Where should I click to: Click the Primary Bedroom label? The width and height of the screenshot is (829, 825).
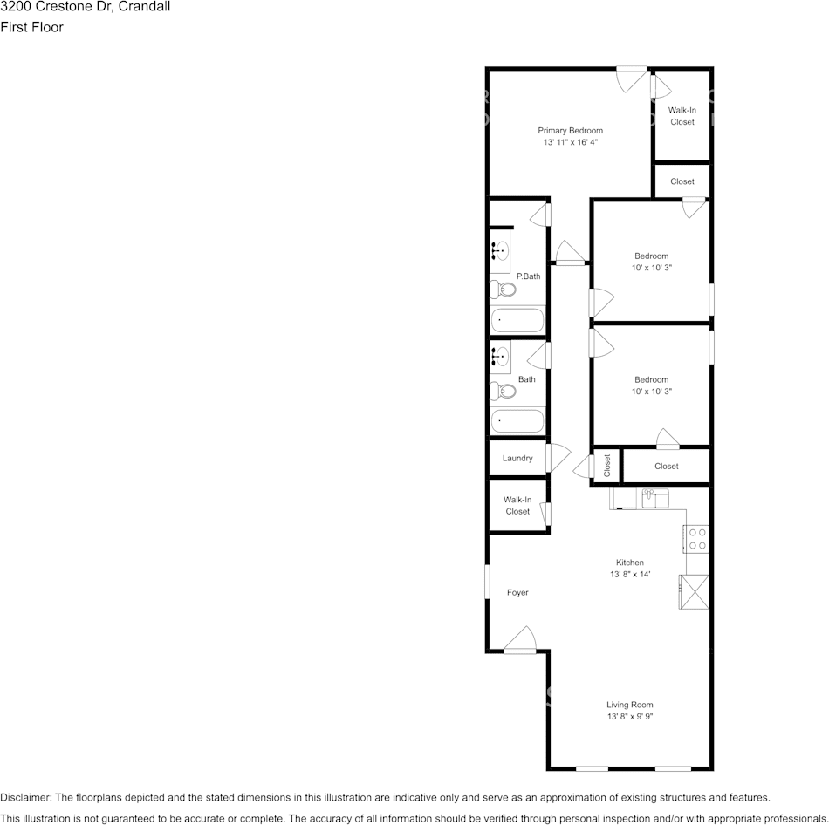point(570,130)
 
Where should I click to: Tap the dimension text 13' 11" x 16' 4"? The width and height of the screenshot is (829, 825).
point(570,141)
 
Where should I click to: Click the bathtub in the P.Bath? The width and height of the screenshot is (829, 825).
point(517,320)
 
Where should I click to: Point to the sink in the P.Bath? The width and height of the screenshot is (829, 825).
point(500,251)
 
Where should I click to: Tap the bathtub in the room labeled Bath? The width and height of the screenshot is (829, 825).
point(517,422)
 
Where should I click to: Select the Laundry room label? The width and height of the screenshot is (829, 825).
point(517,458)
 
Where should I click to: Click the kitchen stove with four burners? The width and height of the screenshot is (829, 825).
point(696,538)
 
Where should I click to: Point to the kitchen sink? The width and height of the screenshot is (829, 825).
point(654,498)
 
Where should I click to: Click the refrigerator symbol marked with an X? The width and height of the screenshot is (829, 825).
point(695,592)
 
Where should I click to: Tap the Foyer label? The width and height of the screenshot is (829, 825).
point(517,592)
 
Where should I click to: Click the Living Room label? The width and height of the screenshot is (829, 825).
point(629,705)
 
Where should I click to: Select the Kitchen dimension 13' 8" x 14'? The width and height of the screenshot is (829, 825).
point(629,574)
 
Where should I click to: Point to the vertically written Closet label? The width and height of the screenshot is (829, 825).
point(607,466)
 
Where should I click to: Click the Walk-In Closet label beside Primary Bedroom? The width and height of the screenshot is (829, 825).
point(682,116)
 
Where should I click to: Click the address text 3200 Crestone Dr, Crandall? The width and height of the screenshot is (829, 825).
point(86,7)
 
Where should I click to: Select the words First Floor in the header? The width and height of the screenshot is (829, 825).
point(32,27)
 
